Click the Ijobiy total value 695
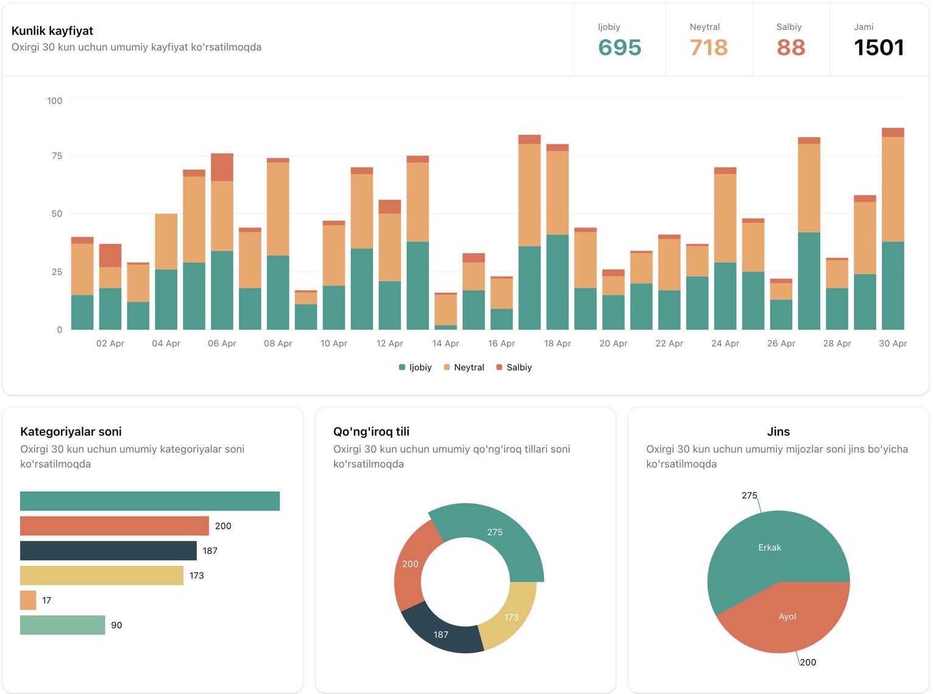point(619,48)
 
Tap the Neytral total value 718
point(708,48)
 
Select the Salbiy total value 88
point(790,48)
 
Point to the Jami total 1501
point(878,48)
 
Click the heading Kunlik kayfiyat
point(52,30)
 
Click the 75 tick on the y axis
point(57,156)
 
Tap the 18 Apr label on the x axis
point(557,343)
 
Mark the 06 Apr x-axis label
point(222,343)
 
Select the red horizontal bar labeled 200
point(114,526)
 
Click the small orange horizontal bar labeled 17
point(28,600)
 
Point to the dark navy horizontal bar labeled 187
point(108,551)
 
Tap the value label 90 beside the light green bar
point(116,625)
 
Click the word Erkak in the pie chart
point(769,548)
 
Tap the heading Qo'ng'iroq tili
point(371,431)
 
